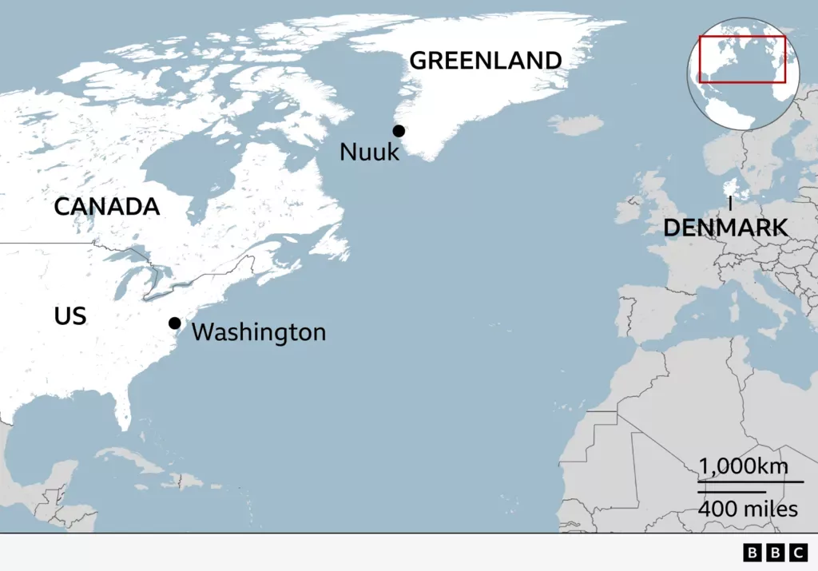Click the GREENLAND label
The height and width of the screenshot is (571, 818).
[485, 61]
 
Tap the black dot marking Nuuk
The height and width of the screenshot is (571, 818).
[399, 131]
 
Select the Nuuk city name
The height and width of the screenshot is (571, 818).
[369, 152]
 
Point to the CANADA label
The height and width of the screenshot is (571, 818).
[106, 207]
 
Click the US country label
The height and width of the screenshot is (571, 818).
[70, 316]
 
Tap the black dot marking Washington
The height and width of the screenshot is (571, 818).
[174, 323]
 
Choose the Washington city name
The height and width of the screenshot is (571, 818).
[259, 331]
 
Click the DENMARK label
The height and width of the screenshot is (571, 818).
[725, 228]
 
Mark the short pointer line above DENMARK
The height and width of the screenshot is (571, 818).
[730, 204]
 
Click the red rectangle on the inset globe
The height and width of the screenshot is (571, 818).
[742, 59]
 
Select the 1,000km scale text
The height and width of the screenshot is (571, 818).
[744, 466]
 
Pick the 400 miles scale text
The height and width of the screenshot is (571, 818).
[748, 508]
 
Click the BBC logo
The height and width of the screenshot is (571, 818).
[775, 553]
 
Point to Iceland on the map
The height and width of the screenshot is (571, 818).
[576, 125]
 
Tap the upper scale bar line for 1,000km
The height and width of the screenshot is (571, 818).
[750, 482]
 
